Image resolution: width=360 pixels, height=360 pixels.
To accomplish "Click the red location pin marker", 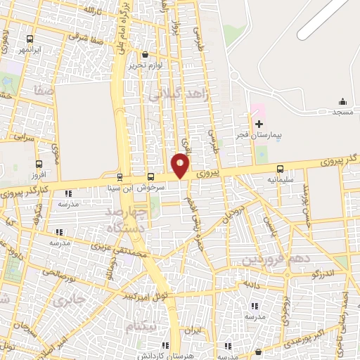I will click(x=181, y=165).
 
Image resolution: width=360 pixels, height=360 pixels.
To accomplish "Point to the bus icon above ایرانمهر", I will click(x=30, y=39).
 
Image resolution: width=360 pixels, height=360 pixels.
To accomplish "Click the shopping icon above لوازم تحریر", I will click(x=145, y=54).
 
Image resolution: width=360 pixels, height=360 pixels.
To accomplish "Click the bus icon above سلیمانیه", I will click(x=281, y=169).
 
